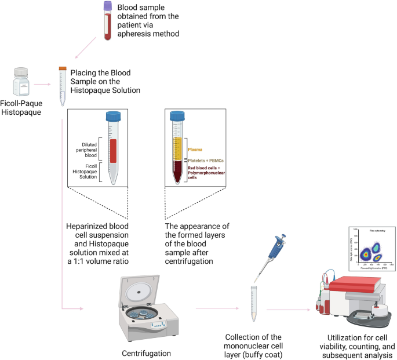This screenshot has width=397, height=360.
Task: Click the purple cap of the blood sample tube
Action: [x=108, y=5]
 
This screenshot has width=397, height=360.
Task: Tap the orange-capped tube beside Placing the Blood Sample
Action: [x=62, y=86]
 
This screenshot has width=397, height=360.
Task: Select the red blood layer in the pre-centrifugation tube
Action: [x=114, y=151]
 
